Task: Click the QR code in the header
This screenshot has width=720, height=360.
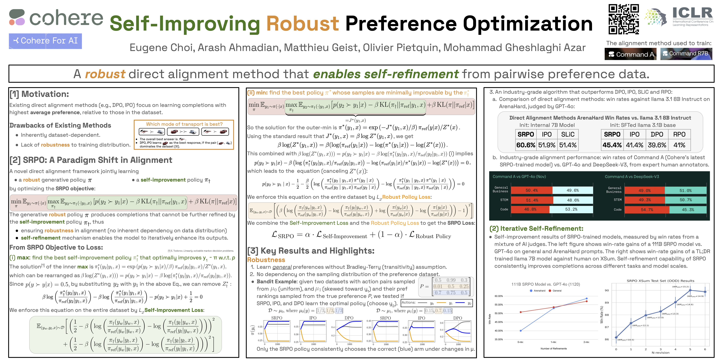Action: (x=624, y=19)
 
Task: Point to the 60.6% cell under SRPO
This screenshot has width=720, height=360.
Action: (x=525, y=145)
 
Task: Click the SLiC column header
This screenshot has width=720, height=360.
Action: (x=568, y=134)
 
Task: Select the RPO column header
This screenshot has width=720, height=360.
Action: (x=679, y=134)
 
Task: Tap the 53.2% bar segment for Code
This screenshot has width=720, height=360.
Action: (x=571, y=209)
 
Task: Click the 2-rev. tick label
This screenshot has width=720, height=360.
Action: (x=586, y=342)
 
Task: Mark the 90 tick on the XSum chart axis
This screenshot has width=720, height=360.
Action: (x=607, y=290)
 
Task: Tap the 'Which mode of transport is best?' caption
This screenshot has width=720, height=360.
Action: (x=184, y=124)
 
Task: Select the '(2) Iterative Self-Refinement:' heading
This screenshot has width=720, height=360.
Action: (x=536, y=229)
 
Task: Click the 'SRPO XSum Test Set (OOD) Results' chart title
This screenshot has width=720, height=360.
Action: (x=660, y=281)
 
